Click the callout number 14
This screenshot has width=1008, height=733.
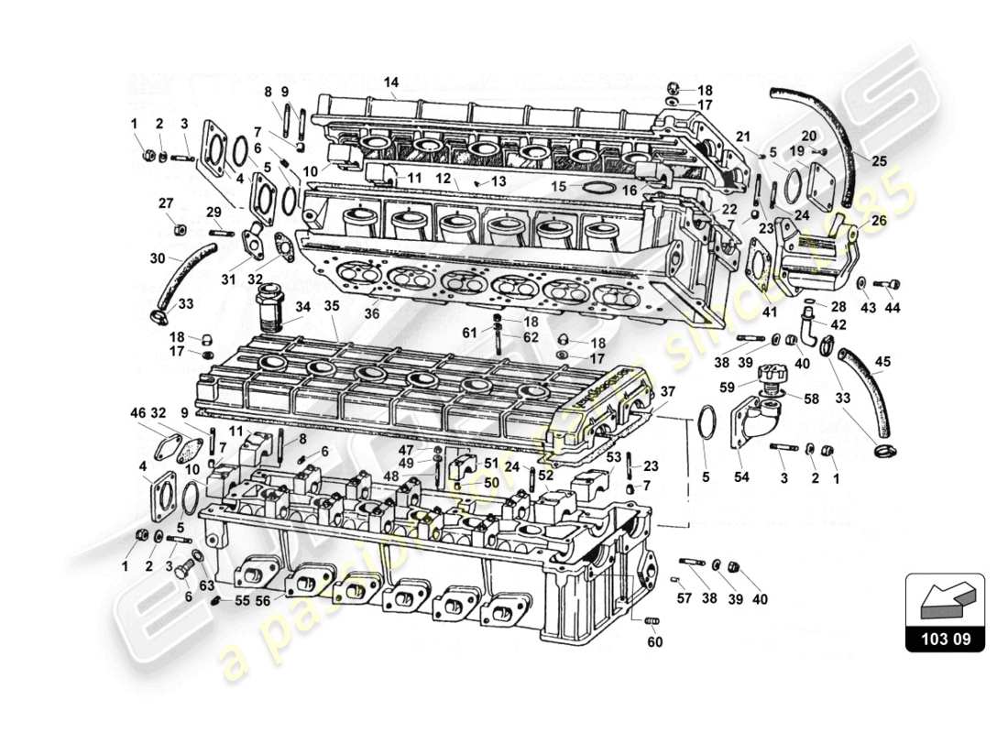[x=391, y=82]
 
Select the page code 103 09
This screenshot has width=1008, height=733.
[x=945, y=640]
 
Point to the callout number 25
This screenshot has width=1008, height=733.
[x=879, y=162]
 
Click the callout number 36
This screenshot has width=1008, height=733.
[x=370, y=314]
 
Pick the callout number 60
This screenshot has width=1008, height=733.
[x=653, y=642]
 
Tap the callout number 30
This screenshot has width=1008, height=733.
[x=157, y=258]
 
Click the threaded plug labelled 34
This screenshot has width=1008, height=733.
[x=269, y=309]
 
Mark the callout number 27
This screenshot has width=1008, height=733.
[x=165, y=202]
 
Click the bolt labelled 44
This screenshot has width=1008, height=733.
[x=889, y=284]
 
